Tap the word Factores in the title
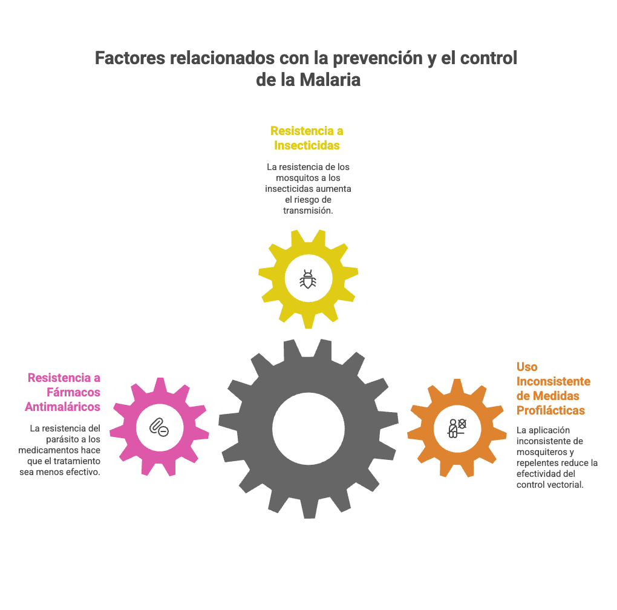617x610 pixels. pos(130,59)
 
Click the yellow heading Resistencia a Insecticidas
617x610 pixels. pos(307,138)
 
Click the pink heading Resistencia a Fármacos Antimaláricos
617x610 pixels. pos(63,392)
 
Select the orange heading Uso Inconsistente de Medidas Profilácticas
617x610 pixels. pos(553,389)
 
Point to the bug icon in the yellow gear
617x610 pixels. pos(307,279)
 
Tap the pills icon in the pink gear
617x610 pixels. pos(158,427)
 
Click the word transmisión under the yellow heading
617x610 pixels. pos(308,211)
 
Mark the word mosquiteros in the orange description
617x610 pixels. pos(542,452)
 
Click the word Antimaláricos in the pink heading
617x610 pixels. pos(63,407)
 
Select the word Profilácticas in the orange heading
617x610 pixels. pos(550,410)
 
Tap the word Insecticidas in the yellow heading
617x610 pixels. pos(307,145)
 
